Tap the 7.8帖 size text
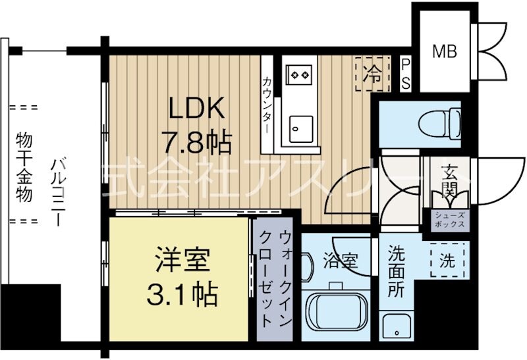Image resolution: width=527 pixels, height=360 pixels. coord(196,140)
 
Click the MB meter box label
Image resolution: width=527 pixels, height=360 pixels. coord(445,51)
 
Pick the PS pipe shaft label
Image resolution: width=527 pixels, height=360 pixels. coord(406,74)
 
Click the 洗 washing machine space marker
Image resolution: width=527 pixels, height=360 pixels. coord(447,260)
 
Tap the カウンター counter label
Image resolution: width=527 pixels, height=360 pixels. coord(268,105)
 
